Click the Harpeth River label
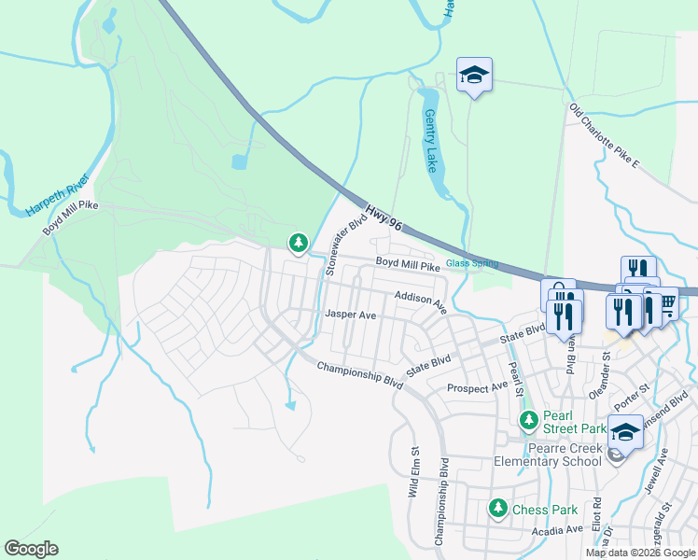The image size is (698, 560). [57, 195]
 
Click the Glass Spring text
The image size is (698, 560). [471, 264]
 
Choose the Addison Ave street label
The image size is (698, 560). [421, 301]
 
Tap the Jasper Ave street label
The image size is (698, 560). [350, 315]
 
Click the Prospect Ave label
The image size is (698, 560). [477, 386]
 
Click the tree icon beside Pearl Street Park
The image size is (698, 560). [529, 420]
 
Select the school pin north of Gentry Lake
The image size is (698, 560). [474, 75]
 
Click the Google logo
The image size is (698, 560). [31, 549]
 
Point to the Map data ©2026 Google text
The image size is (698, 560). [639, 553]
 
